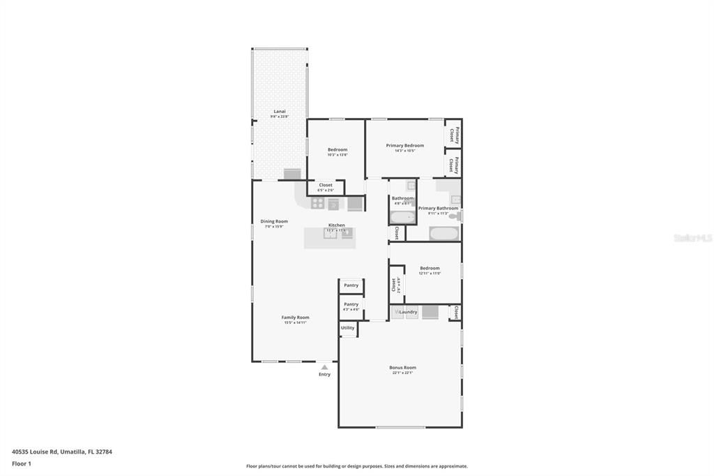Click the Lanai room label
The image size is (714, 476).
click(x=279, y=111)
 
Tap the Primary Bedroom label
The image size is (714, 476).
click(x=405, y=145)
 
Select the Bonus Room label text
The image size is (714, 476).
click(x=402, y=367)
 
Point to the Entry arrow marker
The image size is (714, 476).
click(x=324, y=367)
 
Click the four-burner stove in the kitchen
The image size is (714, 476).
click(x=317, y=203)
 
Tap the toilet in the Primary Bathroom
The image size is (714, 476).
click(x=455, y=217)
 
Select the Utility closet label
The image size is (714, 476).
click(x=347, y=327)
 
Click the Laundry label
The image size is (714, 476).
click(x=409, y=312)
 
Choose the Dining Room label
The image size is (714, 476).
click(x=274, y=221)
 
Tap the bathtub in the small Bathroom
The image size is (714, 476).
click(x=402, y=217)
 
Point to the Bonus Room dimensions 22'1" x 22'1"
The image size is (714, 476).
click(x=402, y=373)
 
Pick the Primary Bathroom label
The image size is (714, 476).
click(x=438, y=208)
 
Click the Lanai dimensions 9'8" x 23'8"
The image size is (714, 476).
click(x=279, y=117)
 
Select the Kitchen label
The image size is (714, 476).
click(x=337, y=225)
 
